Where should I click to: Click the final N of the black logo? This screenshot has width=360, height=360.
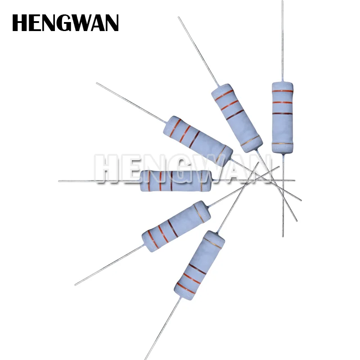coord(112,23)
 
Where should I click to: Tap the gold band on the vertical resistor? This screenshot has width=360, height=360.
coord(283,144)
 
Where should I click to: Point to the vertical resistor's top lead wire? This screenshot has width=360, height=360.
coord(283,40)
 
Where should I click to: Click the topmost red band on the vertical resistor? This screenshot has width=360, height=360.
coord(283,91)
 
